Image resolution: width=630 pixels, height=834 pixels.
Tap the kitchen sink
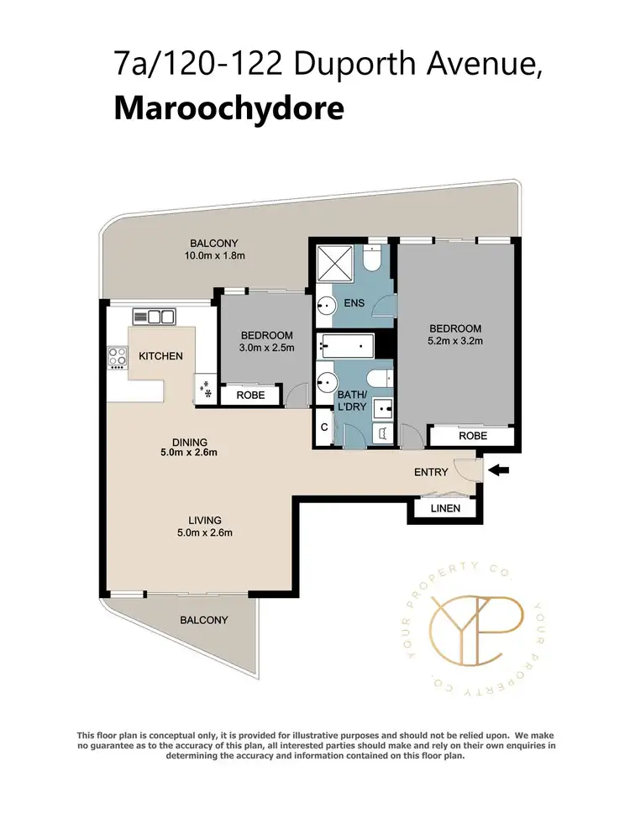click(153, 317)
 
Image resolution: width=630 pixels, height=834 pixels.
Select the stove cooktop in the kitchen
click(115, 358)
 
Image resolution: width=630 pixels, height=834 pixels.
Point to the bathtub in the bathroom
click(345, 345)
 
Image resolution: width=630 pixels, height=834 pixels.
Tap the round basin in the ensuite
click(324, 310)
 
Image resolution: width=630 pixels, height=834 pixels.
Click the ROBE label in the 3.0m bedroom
click(250, 395)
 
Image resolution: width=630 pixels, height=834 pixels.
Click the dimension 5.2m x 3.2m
click(455, 341)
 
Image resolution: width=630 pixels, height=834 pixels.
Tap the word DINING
click(189, 442)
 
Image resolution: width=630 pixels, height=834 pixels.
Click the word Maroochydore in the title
click(228, 108)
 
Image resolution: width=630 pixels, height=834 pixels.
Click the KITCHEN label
click(160, 356)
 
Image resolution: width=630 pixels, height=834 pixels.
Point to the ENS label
click(354, 302)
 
